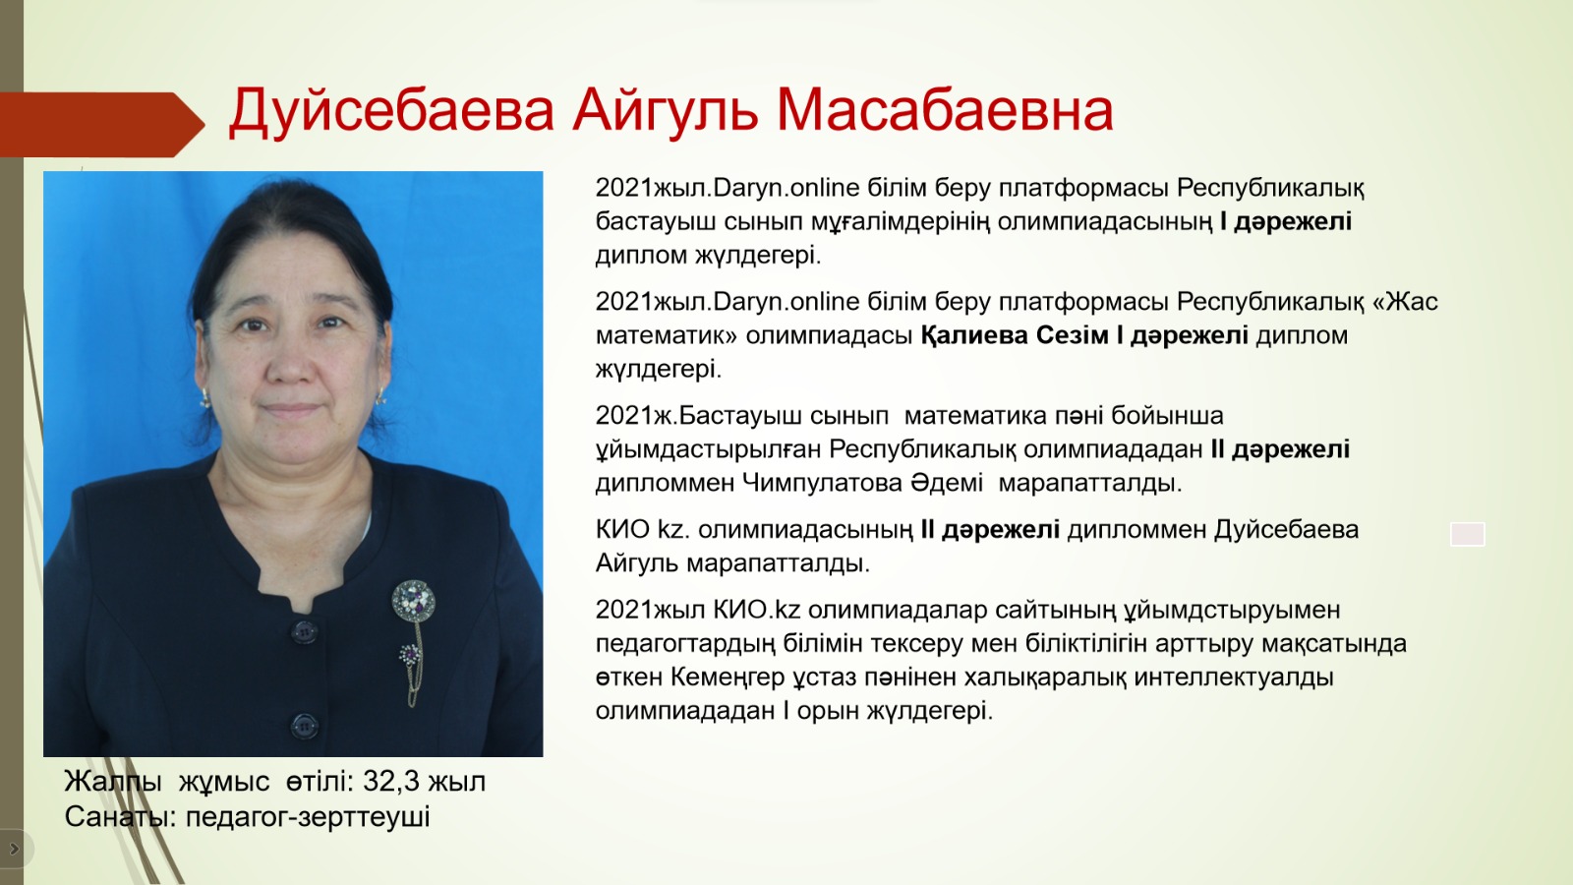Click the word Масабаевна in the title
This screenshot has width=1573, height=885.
(x=945, y=110)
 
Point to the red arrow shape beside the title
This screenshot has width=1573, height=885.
(x=102, y=124)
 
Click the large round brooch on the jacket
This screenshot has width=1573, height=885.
(x=413, y=601)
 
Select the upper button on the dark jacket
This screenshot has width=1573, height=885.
(x=304, y=632)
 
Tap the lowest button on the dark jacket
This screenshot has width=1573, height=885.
(x=304, y=726)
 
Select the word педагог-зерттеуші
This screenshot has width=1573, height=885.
(x=308, y=817)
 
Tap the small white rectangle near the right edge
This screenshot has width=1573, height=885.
(x=1468, y=535)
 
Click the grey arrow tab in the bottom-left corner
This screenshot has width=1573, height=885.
(x=15, y=849)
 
